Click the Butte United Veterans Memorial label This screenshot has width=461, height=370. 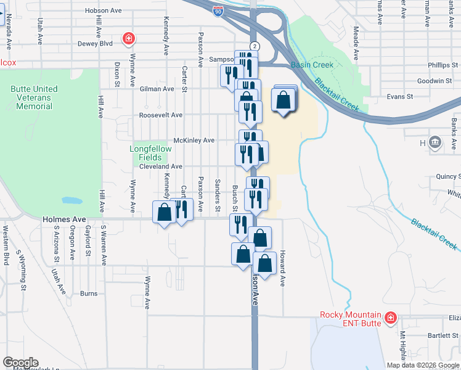35,97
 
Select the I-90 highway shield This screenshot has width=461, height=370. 218,10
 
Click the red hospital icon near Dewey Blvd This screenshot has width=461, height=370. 128,39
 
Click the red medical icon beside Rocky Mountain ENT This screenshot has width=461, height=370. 390,318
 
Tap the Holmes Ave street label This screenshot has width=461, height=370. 64,219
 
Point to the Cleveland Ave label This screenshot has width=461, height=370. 161,166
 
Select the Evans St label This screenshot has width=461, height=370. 399,97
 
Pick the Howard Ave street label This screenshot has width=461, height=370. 282,268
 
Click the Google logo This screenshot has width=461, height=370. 20,363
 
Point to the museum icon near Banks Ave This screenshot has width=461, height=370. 435,143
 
